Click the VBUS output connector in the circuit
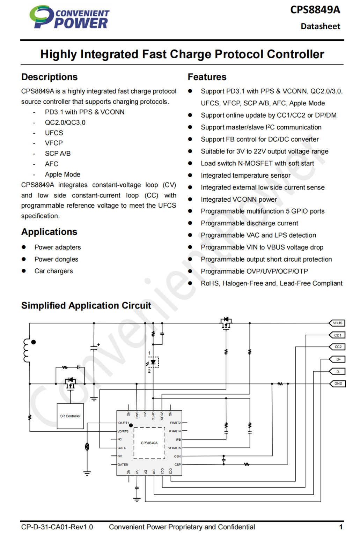tap(337, 323)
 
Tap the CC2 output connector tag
tap(338, 347)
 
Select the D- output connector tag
tap(338, 372)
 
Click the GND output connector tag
tap(338, 384)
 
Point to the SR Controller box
tap(70, 416)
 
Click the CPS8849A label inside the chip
tap(149, 443)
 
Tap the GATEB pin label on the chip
tap(123, 465)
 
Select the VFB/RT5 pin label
tap(174, 448)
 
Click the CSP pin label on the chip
tap(177, 465)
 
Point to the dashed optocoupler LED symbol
tap(153, 362)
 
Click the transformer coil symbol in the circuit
tap(27, 351)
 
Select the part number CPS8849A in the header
tap(315, 10)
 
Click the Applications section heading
tap(49, 232)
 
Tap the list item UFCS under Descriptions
tap(54, 133)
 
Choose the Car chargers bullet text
tap(53, 271)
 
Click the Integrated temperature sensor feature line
tap(245, 176)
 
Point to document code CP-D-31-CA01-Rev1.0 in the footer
tap(57, 527)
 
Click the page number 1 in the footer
tap(341, 527)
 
